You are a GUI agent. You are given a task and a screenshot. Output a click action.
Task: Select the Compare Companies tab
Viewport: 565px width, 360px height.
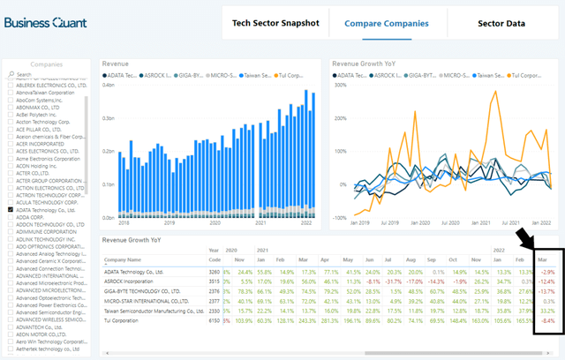pyautogui.click(x=387, y=22)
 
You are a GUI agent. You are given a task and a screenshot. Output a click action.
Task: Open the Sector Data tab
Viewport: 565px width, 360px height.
pyautogui.click(x=501, y=22)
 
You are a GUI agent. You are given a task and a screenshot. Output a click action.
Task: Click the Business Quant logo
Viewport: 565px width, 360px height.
pyautogui.click(x=45, y=23)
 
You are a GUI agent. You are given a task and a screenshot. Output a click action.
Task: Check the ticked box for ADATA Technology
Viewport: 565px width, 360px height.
pyautogui.click(x=10, y=211)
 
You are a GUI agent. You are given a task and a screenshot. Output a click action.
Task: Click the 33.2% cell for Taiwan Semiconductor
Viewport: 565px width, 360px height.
pyautogui.click(x=548, y=311)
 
